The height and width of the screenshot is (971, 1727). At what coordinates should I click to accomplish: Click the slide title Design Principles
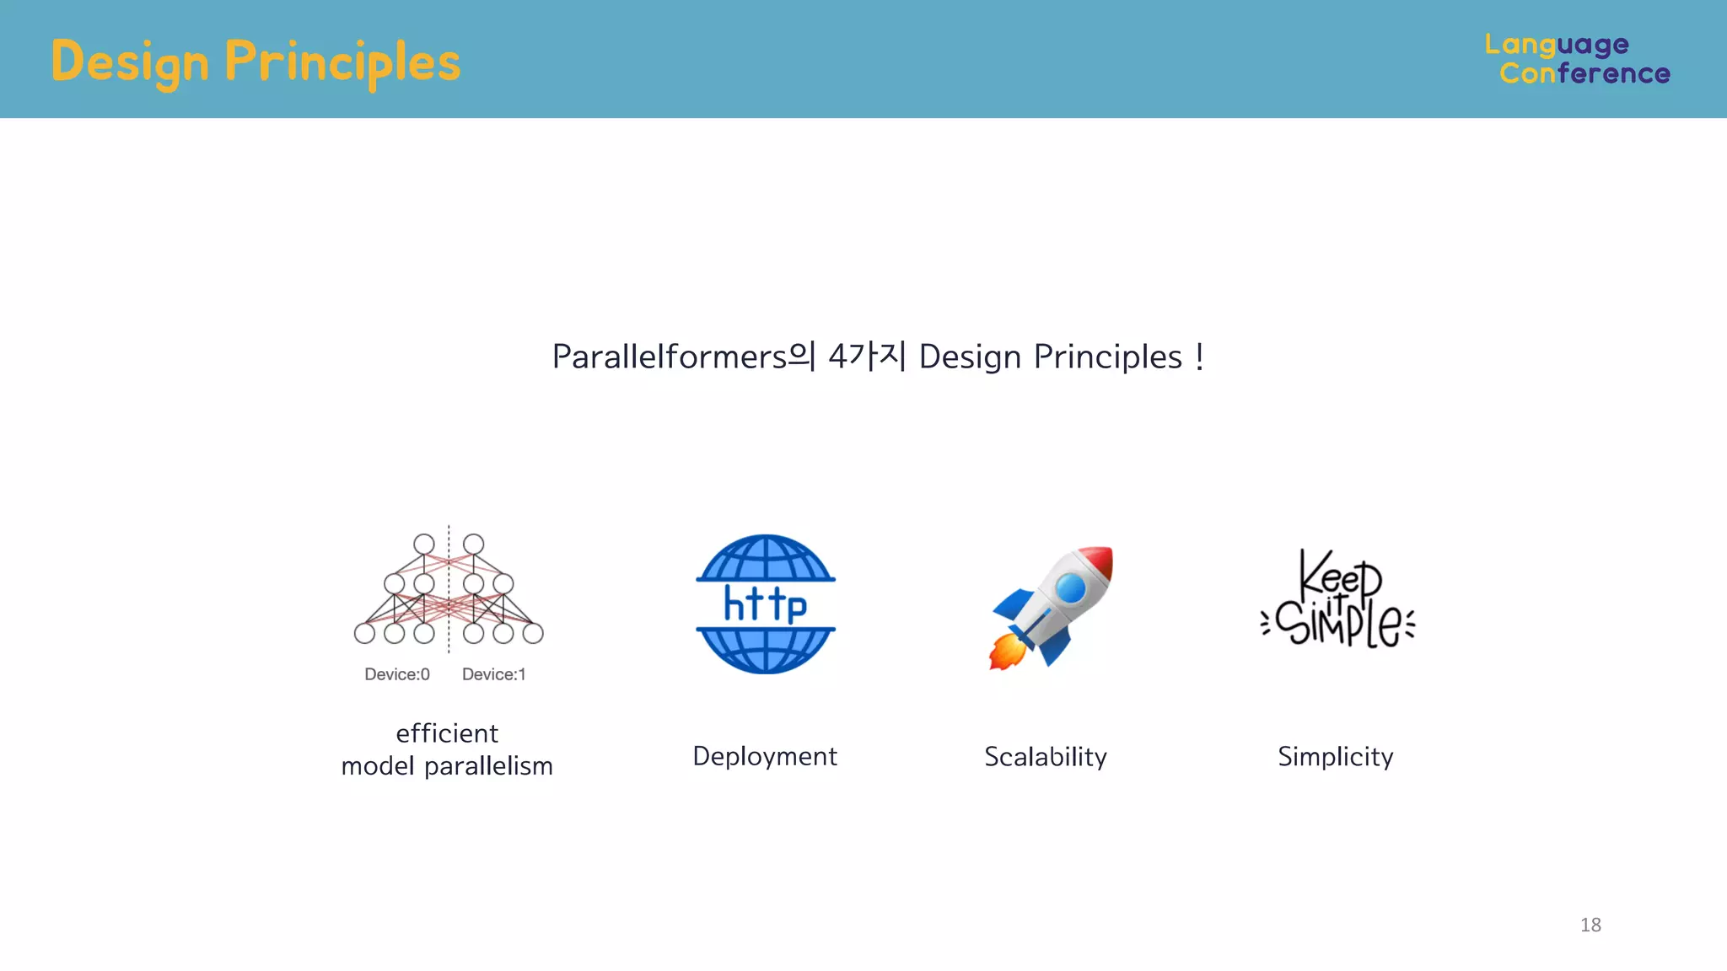pos(256,62)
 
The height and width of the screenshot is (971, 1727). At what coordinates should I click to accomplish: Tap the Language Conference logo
pos(1577,59)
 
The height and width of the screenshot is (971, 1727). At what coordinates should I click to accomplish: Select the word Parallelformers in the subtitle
pos(669,357)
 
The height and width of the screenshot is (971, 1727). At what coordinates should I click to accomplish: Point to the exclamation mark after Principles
pos(1198,357)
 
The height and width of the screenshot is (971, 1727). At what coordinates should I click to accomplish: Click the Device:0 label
pos(397,674)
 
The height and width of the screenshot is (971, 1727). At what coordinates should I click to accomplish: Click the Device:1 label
pos(494,674)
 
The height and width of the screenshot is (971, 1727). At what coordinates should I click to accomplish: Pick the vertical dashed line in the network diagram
pos(449,590)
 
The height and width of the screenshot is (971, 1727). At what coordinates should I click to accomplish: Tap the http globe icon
pos(766,604)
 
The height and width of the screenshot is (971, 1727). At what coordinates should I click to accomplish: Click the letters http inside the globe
pos(766,604)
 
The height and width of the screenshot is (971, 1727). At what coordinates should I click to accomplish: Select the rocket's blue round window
pos(1071,587)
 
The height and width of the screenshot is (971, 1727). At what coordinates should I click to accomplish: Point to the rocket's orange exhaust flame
pos(1005,652)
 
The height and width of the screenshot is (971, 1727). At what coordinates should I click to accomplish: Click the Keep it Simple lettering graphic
pos(1337,599)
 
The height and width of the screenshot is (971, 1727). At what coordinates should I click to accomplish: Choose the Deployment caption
pos(765,756)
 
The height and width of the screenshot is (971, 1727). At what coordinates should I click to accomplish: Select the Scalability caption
pos(1046,757)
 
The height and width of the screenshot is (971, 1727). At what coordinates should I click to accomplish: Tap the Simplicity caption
pos(1336,757)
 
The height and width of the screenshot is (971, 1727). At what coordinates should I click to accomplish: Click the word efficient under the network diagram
pos(447,733)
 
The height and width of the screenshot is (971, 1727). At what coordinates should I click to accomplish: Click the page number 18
pos(1590,925)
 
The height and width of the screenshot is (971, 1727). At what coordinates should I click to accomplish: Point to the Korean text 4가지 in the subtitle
pos(867,357)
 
